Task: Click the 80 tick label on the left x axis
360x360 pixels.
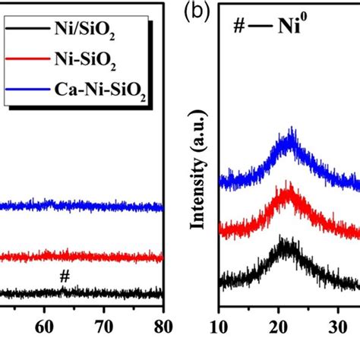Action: coord(160,329)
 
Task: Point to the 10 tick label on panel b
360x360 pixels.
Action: coord(219,329)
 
